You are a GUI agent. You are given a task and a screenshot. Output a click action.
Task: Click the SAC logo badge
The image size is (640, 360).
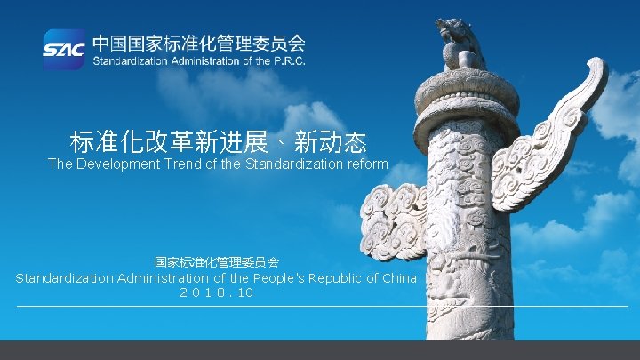point(64,49)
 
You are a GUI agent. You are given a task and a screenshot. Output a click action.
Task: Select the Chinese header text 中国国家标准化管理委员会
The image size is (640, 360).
point(200,42)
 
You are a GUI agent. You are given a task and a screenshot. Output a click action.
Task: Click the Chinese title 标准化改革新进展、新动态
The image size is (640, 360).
point(219,141)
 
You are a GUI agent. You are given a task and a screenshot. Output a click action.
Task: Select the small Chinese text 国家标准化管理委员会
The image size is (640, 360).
point(217,262)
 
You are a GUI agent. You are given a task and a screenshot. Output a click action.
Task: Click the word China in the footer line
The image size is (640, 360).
point(397,278)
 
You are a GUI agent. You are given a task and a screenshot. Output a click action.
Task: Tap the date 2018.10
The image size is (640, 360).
point(217,292)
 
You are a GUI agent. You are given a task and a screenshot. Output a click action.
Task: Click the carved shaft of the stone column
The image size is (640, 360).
point(467,231)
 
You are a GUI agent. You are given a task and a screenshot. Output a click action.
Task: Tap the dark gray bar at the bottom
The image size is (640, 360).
point(320,350)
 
